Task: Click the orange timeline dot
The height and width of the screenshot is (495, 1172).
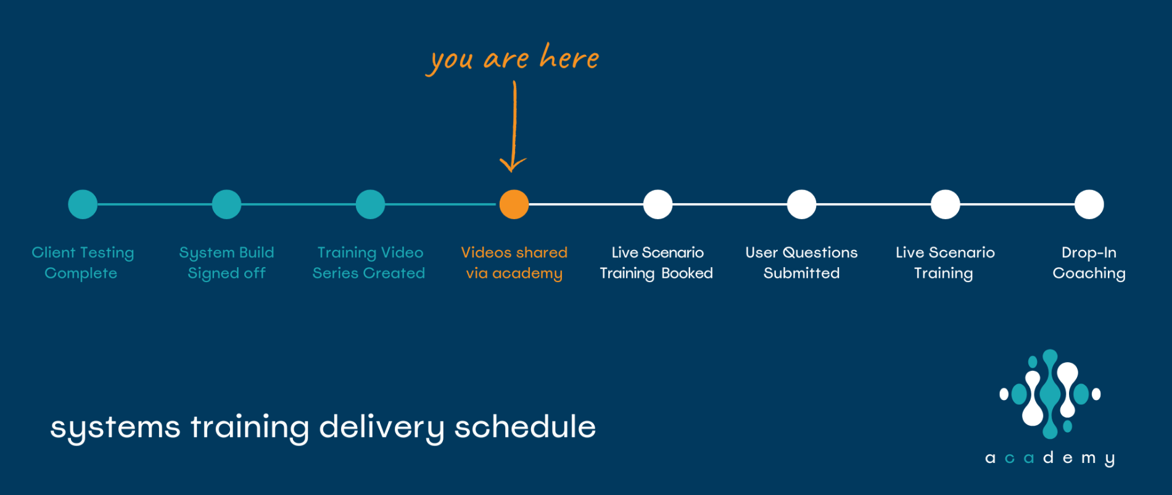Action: [x=514, y=204]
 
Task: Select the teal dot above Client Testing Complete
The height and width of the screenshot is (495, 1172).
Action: [x=83, y=204]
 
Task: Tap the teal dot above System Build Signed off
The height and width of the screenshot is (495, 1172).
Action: [x=226, y=204]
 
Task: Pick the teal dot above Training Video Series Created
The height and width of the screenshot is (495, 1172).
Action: [x=370, y=204]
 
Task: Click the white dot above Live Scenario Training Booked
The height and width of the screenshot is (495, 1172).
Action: [x=658, y=204]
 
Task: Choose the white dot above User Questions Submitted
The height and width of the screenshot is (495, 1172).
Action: [x=801, y=204]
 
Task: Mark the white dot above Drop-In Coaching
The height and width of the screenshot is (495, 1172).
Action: [x=1089, y=204]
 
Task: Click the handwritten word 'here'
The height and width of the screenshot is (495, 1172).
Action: [x=569, y=56]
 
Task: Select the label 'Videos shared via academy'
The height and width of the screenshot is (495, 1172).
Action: [x=514, y=263]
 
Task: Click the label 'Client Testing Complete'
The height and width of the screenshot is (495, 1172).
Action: [x=83, y=263]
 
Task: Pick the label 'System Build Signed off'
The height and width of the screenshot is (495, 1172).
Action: [x=226, y=263]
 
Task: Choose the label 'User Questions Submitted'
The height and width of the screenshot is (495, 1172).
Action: [x=801, y=263]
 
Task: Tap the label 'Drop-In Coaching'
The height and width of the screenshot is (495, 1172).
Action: [x=1089, y=263]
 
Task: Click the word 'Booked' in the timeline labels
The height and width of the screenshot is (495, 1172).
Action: [x=687, y=273]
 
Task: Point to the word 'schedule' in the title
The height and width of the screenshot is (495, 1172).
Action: [x=525, y=426]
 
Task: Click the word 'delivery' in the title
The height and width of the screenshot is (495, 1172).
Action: [x=381, y=428]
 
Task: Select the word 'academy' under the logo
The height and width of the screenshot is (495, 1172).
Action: [x=1050, y=458]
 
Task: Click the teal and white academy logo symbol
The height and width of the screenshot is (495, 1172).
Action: [x=1050, y=394]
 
